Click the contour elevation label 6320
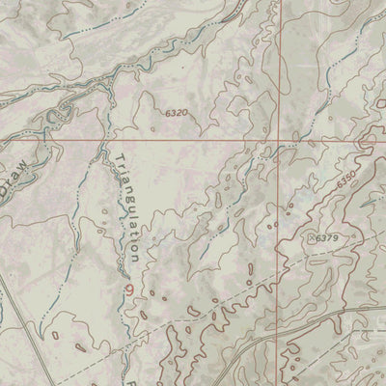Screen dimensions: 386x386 [x=175, y=113]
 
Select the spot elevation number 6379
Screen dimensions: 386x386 [x=328, y=237]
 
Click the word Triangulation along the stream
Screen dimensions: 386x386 [x=128, y=207]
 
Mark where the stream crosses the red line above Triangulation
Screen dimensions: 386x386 [x=105, y=141]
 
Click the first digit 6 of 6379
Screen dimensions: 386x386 [x=319, y=237]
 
